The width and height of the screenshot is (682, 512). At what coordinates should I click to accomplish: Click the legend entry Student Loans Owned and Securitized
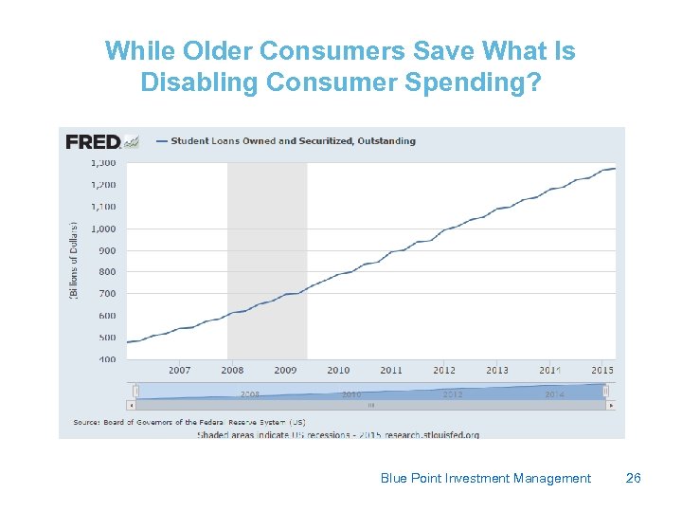(x=293, y=141)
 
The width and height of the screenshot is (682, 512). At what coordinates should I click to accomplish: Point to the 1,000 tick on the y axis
(x=103, y=229)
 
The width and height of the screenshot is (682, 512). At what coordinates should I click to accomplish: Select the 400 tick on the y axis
(x=107, y=359)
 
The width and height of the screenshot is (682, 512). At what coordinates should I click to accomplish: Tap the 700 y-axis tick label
(x=107, y=294)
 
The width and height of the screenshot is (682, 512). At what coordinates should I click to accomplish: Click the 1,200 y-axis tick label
(x=103, y=185)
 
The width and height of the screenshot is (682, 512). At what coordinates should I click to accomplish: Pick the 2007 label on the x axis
(x=179, y=371)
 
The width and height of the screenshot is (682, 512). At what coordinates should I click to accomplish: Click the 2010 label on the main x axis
(x=338, y=371)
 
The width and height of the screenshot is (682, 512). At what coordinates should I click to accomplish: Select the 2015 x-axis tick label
(x=602, y=371)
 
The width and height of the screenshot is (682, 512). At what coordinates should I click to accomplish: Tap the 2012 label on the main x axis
(x=444, y=371)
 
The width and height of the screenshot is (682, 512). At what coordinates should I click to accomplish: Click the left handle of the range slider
(x=136, y=391)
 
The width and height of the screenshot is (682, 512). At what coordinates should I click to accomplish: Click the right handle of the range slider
(x=606, y=391)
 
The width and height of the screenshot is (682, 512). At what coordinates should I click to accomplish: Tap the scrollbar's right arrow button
(x=612, y=405)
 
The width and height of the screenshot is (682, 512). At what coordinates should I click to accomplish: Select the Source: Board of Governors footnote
(x=189, y=422)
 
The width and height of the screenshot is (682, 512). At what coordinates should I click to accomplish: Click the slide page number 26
(x=634, y=478)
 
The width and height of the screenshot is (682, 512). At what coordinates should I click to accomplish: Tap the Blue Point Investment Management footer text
(x=485, y=478)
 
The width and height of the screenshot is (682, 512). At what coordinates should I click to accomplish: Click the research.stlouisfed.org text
(x=430, y=434)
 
